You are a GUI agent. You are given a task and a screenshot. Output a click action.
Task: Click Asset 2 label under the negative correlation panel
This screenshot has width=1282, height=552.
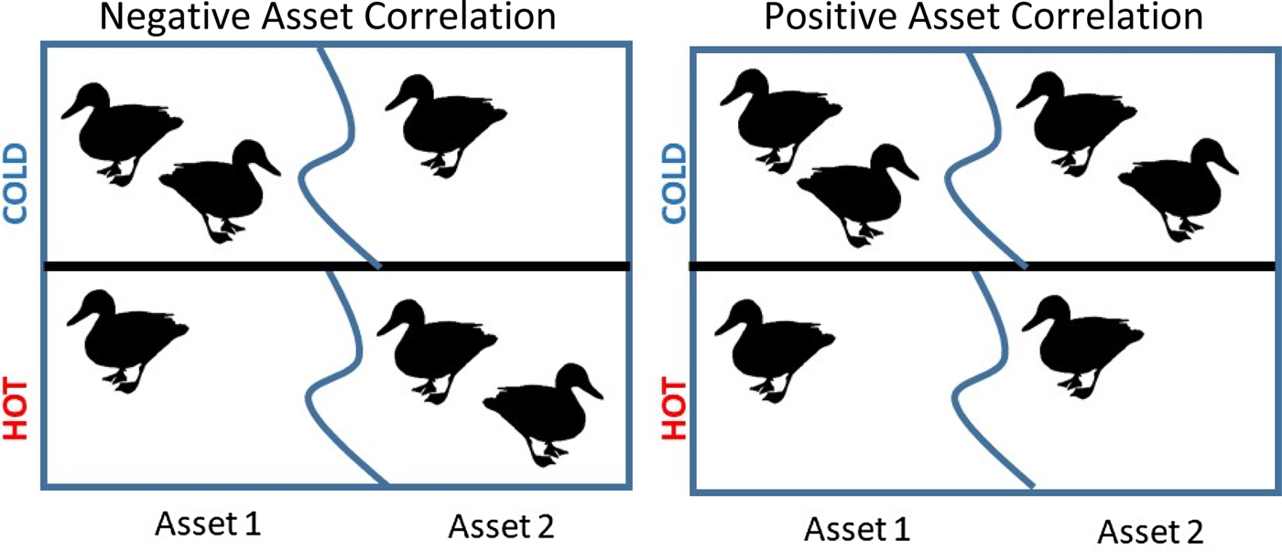pos(502,526)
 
